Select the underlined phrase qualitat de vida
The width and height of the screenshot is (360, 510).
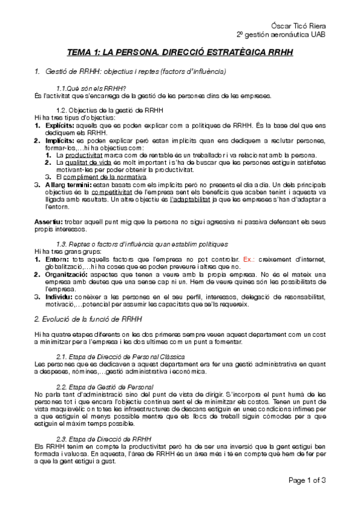(x=87, y=162)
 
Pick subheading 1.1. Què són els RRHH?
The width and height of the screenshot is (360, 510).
(x=90, y=88)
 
